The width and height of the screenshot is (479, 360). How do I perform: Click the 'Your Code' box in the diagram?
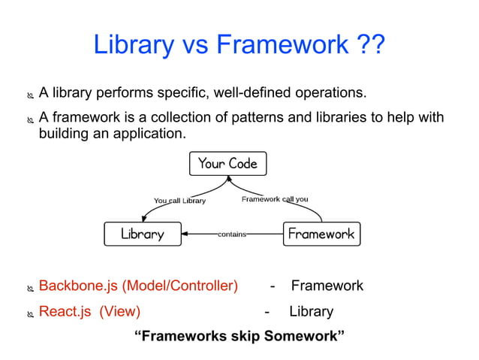(227, 163)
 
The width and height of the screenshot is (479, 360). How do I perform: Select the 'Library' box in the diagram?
(143, 234)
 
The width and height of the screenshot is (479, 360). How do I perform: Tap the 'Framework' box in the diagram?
(321, 234)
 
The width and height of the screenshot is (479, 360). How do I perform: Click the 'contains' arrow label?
(232, 234)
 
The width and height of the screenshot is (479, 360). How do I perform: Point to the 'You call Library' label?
(179, 201)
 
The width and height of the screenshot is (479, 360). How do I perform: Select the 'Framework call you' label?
(274, 199)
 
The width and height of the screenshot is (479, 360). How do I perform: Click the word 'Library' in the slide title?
(130, 46)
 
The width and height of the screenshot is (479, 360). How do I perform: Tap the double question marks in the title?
(370, 46)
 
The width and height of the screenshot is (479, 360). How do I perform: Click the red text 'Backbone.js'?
(79, 286)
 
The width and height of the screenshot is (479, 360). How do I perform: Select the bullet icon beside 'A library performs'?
(30, 95)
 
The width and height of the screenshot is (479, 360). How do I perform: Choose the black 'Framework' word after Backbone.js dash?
(327, 286)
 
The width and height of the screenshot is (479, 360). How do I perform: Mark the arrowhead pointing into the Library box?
(187, 234)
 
